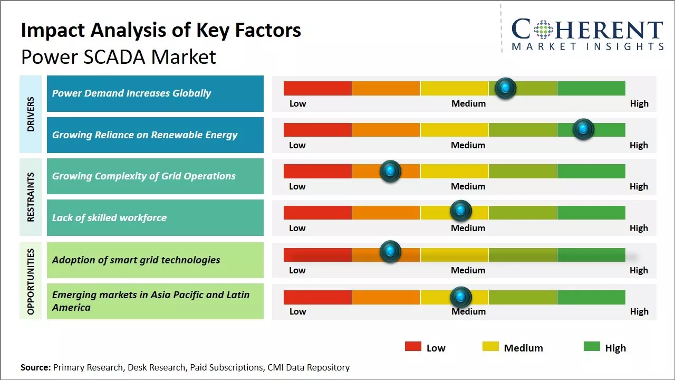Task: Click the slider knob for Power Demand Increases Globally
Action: click(x=506, y=88)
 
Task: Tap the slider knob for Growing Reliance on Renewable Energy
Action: click(x=583, y=129)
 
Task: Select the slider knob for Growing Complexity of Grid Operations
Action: click(x=390, y=170)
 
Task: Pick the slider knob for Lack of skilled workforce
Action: click(x=461, y=211)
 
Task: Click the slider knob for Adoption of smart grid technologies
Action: click(x=390, y=252)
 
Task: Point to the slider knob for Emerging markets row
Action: click(x=461, y=297)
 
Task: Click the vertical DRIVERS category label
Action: click(x=31, y=114)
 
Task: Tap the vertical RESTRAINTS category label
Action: click(x=31, y=197)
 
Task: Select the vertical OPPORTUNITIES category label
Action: click(x=31, y=281)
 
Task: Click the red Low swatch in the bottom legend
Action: click(x=413, y=347)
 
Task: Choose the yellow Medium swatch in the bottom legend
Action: click(x=490, y=347)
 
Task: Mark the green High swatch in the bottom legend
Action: click(x=592, y=347)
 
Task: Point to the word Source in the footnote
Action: click(x=35, y=367)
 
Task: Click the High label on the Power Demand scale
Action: click(x=639, y=103)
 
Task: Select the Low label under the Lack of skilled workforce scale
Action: click(x=297, y=228)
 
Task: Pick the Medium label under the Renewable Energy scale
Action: click(x=468, y=145)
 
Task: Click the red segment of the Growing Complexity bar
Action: click(x=317, y=171)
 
